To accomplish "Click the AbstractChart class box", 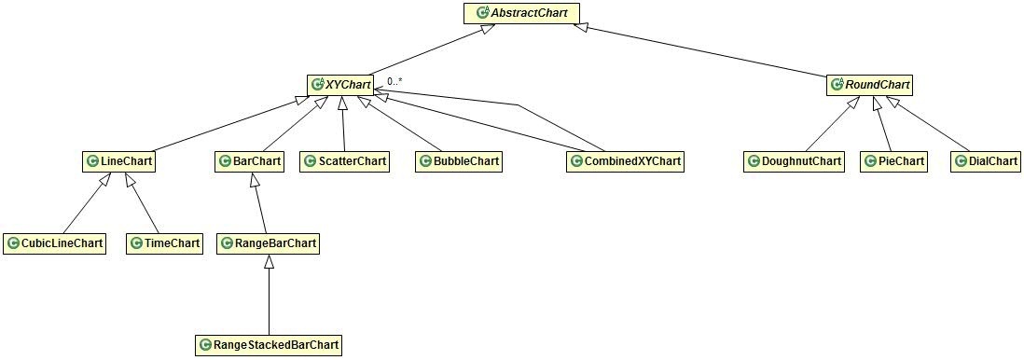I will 521,13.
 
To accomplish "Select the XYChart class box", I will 340,85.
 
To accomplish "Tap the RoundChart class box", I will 869,85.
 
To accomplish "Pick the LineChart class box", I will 118,161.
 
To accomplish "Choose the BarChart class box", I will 249,161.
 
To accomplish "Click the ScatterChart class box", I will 344,161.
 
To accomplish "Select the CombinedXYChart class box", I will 625,161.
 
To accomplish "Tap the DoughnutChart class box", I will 794,161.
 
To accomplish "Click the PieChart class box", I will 893,161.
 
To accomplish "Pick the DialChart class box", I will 985,161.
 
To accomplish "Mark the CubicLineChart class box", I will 54,243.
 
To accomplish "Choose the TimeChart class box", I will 164,243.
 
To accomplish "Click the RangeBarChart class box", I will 269,243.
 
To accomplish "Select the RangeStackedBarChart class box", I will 269,345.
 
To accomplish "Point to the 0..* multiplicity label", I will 394,82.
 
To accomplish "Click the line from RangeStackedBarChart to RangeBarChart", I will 269,298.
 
